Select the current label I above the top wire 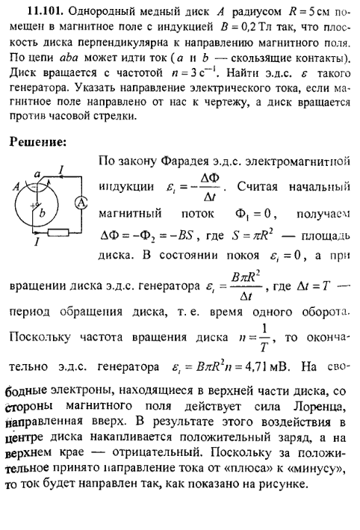61,169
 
